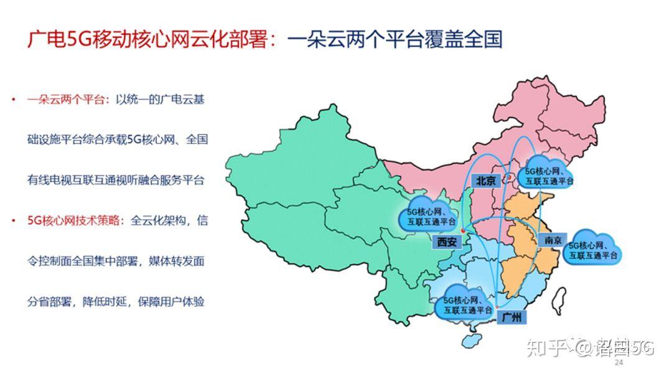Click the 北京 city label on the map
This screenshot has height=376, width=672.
pyautogui.click(x=486, y=181)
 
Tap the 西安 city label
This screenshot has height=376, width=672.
pyautogui.click(x=446, y=242)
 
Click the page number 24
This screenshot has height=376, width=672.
pyautogui.click(x=618, y=362)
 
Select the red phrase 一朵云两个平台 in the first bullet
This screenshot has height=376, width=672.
pyautogui.click(x=67, y=100)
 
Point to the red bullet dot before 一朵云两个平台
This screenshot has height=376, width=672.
pyautogui.click(x=13, y=100)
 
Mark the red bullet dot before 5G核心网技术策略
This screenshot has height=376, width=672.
pyautogui.click(x=13, y=221)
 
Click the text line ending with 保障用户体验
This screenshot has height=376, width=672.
pyautogui.click(x=116, y=302)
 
